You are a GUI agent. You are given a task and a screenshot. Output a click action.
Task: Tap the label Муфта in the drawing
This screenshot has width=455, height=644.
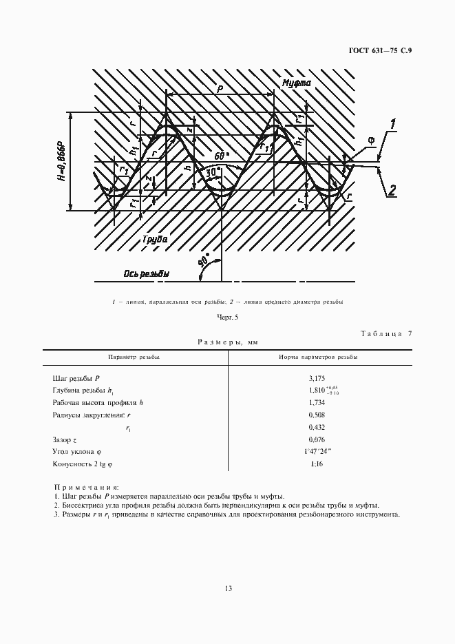coord(296,83)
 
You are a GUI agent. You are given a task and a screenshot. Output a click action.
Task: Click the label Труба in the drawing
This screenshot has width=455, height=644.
coord(156,238)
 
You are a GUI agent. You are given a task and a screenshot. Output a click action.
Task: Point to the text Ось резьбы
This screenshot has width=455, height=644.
coord(146,273)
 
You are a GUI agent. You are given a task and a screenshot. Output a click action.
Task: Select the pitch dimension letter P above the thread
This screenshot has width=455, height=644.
coord(219,88)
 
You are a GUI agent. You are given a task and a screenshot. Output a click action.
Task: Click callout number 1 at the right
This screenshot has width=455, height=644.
coord(393,125)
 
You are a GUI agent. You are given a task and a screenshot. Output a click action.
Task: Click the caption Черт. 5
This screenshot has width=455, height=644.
coord(227,317)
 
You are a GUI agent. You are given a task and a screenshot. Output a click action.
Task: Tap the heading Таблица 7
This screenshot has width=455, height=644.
coord(386,334)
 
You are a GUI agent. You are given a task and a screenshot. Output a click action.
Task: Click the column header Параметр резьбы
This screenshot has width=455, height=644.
coord(135,357)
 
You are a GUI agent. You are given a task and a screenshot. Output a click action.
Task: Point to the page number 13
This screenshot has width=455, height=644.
coord(228,588)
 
